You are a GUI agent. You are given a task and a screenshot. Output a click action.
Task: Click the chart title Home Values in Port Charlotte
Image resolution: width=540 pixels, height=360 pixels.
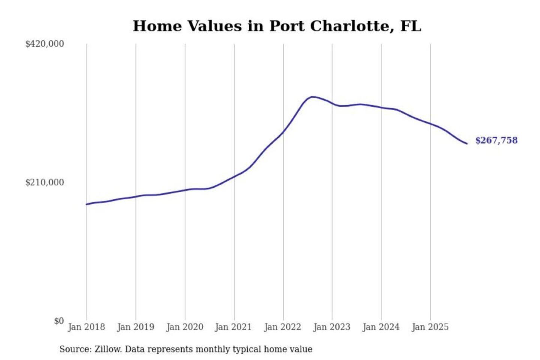click(x=277, y=26)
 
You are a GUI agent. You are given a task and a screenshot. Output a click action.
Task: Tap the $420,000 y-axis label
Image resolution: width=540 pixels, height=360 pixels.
click(x=45, y=44)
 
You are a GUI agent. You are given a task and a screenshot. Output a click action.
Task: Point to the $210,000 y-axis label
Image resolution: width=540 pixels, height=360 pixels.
click(x=45, y=183)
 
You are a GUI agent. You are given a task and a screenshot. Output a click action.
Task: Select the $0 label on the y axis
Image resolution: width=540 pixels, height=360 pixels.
click(x=59, y=321)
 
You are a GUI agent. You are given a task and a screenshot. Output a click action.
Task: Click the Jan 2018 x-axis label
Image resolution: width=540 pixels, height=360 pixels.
click(x=86, y=327)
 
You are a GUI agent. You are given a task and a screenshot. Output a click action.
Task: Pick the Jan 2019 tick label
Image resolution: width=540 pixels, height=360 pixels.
click(x=135, y=327)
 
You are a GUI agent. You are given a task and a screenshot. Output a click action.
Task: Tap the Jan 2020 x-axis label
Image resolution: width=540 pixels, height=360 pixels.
click(x=184, y=327)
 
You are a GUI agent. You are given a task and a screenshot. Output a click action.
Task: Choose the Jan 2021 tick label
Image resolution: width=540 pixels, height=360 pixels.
click(x=233, y=327)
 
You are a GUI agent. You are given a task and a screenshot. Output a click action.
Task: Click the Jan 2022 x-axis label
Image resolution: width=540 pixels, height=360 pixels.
click(x=282, y=327)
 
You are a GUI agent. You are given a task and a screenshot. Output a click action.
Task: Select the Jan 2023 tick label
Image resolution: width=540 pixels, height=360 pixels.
click(x=331, y=327)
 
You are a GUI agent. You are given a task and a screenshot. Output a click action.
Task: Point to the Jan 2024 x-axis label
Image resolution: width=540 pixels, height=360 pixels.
click(x=381, y=327)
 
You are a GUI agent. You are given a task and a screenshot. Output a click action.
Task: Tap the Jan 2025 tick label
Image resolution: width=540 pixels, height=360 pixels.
click(x=430, y=327)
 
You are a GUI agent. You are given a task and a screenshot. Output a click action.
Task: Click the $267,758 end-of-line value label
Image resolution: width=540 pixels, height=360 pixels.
click(x=496, y=140)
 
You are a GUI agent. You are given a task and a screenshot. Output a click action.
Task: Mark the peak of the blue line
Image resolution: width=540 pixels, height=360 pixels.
click(x=312, y=97)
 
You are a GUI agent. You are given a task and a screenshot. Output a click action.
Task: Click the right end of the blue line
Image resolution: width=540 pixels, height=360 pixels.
click(x=466, y=144)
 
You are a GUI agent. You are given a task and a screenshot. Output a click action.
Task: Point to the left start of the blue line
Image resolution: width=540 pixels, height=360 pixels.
click(x=87, y=204)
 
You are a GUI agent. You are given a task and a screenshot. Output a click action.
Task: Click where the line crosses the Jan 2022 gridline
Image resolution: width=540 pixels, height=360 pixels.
click(x=283, y=131)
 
